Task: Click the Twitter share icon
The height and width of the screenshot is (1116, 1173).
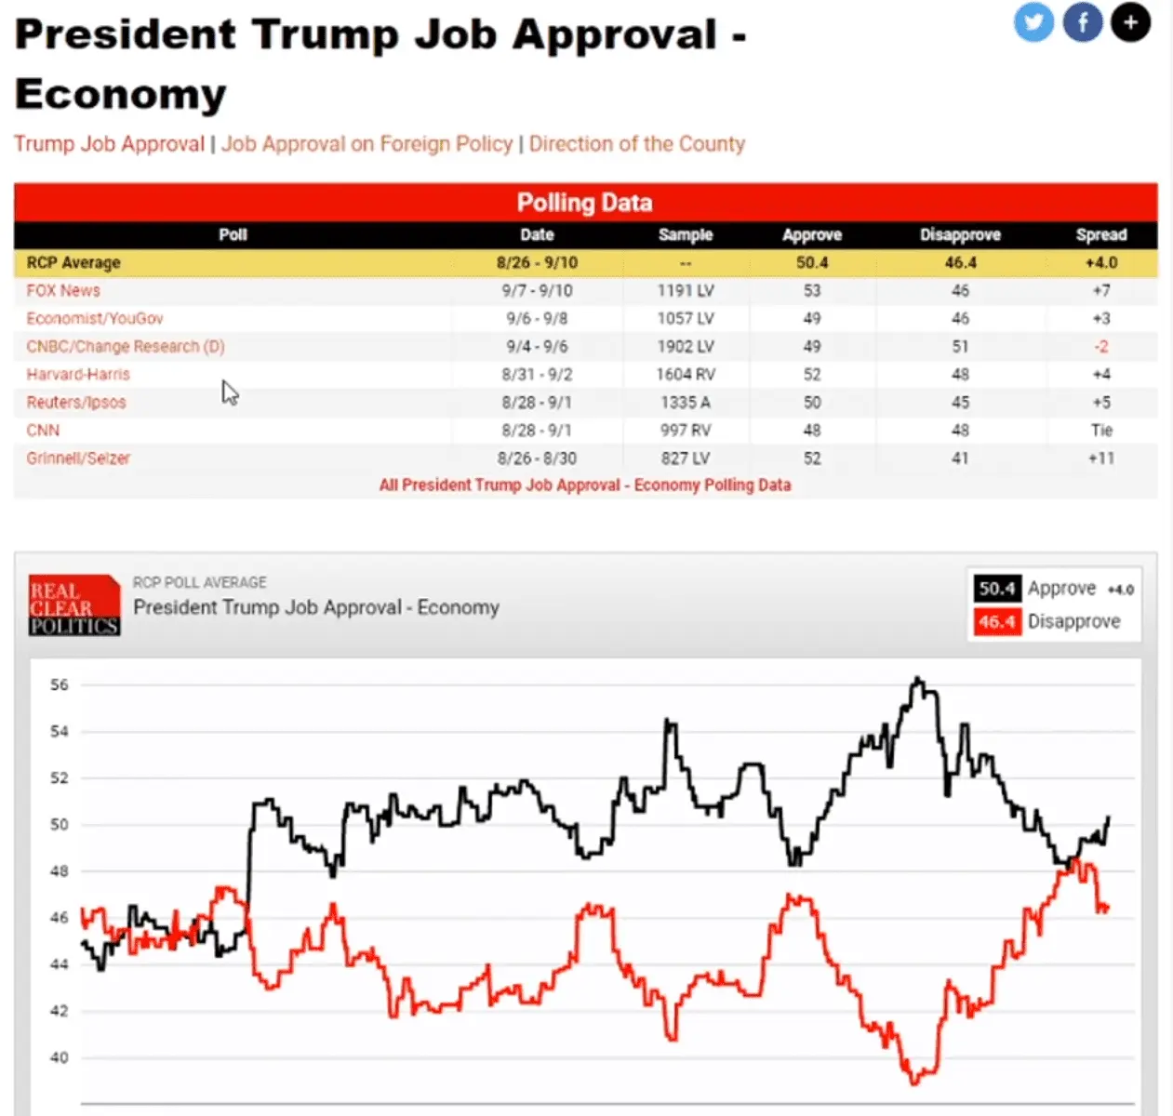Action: coord(1033,22)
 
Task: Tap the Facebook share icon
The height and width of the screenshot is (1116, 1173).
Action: coord(1083,22)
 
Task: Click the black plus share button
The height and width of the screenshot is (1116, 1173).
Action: coord(1130,22)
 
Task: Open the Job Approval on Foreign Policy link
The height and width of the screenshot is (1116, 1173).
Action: coord(367,144)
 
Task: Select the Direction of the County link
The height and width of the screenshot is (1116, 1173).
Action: coord(637,144)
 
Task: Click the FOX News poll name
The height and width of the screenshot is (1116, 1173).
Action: coord(63,290)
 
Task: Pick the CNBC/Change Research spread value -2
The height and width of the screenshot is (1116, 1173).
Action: coord(1101,346)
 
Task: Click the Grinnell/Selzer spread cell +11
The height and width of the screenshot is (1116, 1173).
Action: coord(1101,458)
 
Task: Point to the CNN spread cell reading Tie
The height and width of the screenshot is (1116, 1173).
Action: coord(1101,430)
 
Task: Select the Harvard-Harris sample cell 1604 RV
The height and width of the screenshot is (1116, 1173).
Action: coord(686,374)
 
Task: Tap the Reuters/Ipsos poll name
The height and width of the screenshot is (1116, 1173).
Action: coord(76,402)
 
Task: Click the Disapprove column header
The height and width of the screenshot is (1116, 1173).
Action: coord(960,234)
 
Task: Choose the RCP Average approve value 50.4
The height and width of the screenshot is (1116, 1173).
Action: coord(811,262)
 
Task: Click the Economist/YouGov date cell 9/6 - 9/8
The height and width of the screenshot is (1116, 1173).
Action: coord(537,318)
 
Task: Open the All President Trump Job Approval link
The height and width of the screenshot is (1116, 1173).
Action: coord(584,485)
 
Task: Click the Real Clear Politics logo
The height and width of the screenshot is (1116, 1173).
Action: coord(74,605)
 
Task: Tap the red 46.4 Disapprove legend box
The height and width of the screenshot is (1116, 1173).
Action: coord(996,621)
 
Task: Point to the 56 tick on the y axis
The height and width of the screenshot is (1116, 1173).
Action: coord(60,684)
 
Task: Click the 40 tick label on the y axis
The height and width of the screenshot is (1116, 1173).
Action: coord(60,1057)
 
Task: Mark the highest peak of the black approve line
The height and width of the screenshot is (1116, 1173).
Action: coord(918,679)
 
